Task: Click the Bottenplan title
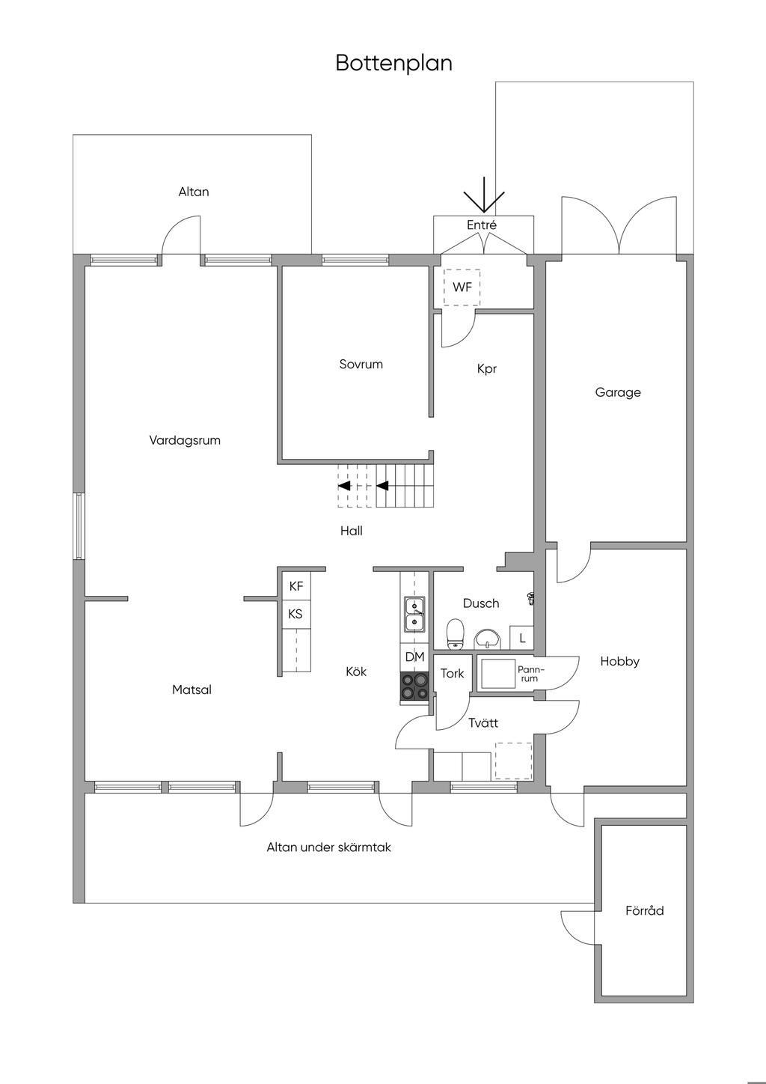[x=393, y=63]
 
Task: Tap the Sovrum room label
[x=361, y=365]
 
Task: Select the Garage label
[x=618, y=392]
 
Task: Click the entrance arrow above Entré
[x=484, y=196]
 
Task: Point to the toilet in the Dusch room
[x=455, y=633]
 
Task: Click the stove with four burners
[x=414, y=686]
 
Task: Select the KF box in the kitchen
[x=295, y=586]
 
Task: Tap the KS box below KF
[x=295, y=614]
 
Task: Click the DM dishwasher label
[x=414, y=657]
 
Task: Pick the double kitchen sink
[x=414, y=613]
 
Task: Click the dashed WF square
[x=462, y=287]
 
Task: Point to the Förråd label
[x=644, y=911]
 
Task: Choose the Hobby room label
[x=619, y=662]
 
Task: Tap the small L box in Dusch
[x=522, y=639]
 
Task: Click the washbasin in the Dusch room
[x=488, y=638]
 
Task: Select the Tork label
[x=452, y=674]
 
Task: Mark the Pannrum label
[x=530, y=674]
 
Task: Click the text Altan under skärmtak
[x=328, y=847]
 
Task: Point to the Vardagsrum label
[x=185, y=440]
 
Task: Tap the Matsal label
[x=191, y=689]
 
